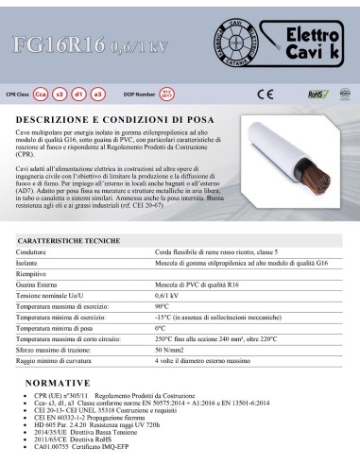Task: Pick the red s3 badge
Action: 83,95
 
